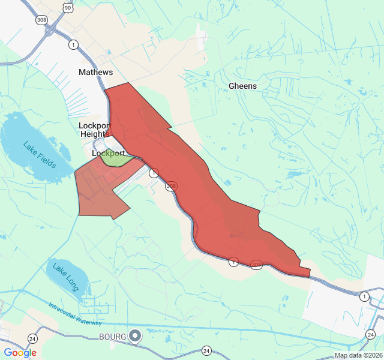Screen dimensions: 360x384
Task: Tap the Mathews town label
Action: (95, 72)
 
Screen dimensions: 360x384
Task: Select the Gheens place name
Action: (242, 86)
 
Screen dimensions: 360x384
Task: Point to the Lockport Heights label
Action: (95, 130)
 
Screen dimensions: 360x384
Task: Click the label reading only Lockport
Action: (108, 154)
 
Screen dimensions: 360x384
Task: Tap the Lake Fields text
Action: (39, 155)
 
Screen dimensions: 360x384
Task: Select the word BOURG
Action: (113, 337)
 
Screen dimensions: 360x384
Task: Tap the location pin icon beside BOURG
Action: (136, 336)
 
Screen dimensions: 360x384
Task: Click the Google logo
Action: (20, 353)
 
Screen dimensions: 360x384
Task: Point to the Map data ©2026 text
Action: (358, 355)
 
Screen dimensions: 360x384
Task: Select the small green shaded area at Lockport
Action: (115, 158)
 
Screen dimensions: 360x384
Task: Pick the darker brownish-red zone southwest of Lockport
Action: (99, 192)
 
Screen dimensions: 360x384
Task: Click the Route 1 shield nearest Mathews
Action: (73, 44)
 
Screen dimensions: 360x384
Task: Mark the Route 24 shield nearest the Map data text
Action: (370, 334)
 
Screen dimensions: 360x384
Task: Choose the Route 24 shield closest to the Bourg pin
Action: (206, 350)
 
